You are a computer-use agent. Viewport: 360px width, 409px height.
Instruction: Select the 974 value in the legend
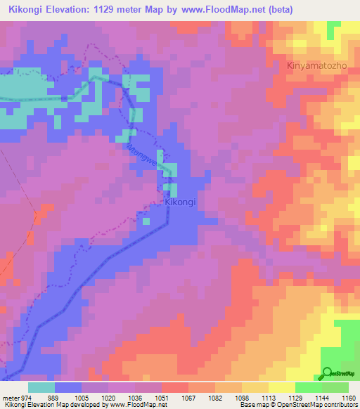point(25,397)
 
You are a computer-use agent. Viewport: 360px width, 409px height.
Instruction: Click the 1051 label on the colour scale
point(162,397)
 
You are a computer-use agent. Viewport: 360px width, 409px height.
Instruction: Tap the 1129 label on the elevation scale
point(295,397)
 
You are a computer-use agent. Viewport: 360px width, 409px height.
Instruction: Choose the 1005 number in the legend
point(82,397)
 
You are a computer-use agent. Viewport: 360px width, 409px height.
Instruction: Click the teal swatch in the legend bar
point(41,387)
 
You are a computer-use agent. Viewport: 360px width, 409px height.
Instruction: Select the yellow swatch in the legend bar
point(281,387)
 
